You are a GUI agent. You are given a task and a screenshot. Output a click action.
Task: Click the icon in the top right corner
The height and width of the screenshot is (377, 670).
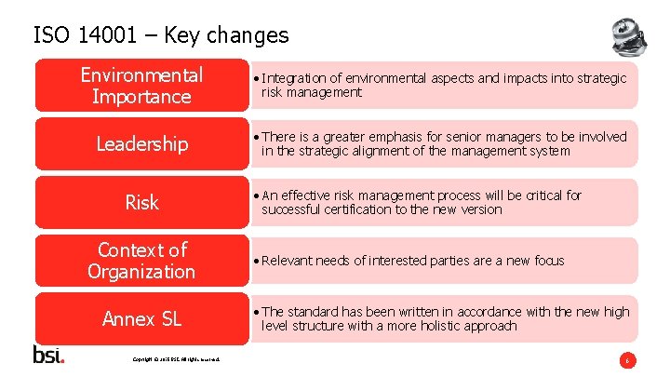pos(631,36)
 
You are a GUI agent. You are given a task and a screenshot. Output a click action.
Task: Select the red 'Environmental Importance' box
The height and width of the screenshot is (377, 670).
pos(141,86)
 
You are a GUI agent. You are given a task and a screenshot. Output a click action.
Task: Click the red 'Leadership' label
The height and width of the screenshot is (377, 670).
pos(141,144)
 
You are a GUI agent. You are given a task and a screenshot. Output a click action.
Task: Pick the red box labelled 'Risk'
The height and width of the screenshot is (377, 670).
pos(141,203)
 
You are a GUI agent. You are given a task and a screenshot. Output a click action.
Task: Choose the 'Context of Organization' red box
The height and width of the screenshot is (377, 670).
pos(141,261)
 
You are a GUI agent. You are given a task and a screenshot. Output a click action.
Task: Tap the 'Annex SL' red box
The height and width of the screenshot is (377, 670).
pos(141,319)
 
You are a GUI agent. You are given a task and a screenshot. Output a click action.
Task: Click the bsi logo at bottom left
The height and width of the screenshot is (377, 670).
pos(48,355)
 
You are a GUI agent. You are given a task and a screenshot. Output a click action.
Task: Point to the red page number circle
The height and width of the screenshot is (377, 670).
pos(628,359)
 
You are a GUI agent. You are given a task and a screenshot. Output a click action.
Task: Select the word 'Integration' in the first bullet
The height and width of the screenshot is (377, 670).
pos(293,78)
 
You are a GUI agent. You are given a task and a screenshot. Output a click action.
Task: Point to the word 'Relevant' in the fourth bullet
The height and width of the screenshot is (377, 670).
pos(289,261)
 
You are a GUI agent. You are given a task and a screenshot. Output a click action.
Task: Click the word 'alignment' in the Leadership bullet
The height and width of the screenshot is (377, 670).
pos(368,151)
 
